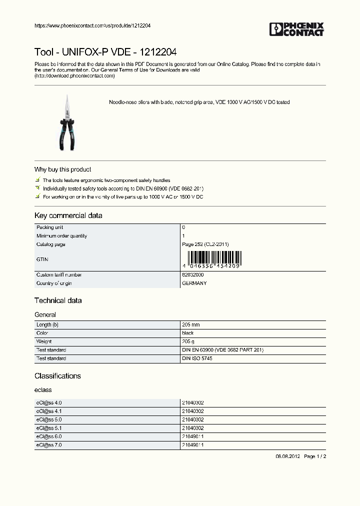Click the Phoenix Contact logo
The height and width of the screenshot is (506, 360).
pyautogui.click(x=297, y=29)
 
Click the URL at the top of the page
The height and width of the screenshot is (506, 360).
pyautogui.click(x=92, y=25)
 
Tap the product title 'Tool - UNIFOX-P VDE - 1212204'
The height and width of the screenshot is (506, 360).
pyautogui.click(x=105, y=52)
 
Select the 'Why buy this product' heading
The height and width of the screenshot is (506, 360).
pyautogui.click(x=62, y=169)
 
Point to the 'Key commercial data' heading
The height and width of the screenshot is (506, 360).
pyautogui.click(x=68, y=215)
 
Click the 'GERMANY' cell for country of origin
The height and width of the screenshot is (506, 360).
pyautogui.click(x=194, y=283)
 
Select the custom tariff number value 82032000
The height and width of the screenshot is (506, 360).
pyautogui.click(x=192, y=275)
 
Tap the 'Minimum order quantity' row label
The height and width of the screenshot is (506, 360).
pyautogui.click(x=61, y=235)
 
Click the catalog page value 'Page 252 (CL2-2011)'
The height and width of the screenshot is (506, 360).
pyautogui.click(x=205, y=244)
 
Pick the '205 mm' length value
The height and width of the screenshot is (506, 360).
pyautogui.click(x=191, y=324)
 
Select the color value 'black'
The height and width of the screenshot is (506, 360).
pyautogui.click(x=187, y=333)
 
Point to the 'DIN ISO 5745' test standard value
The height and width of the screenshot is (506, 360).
pyautogui.click(x=197, y=358)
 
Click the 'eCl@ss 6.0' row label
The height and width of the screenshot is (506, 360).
pyautogui.click(x=49, y=436)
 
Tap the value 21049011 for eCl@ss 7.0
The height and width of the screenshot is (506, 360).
pyautogui.click(x=192, y=444)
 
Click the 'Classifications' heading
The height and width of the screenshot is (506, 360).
pyautogui.click(x=57, y=376)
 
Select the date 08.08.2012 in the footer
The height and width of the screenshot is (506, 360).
pyautogui.click(x=287, y=456)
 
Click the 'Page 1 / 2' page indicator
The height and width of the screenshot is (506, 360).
pyautogui.click(x=315, y=456)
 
